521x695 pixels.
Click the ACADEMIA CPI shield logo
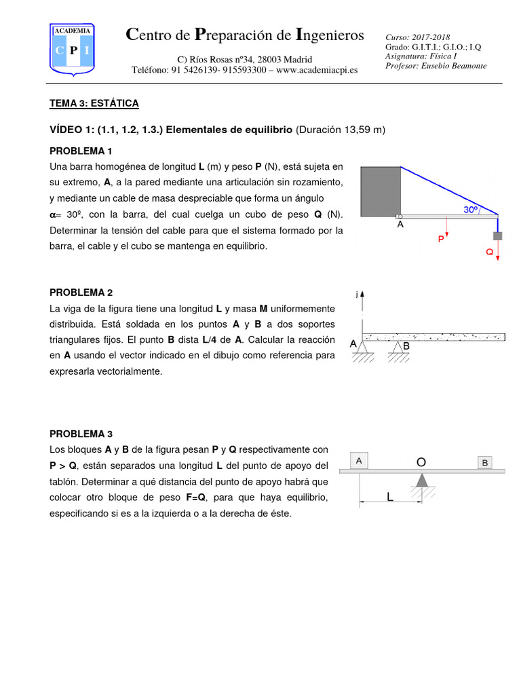pyautogui.click(x=73, y=48)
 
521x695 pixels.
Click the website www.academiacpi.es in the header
pyautogui.click(x=317, y=70)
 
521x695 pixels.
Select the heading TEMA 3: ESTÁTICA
pyautogui.click(x=94, y=103)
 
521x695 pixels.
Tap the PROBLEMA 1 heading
pyautogui.click(x=81, y=151)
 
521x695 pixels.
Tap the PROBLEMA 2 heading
pyautogui.click(x=81, y=293)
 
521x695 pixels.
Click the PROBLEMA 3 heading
pyautogui.click(x=81, y=434)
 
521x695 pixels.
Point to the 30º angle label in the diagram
pyautogui.click(x=471, y=210)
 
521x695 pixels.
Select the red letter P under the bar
pyautogui.click(x=441, y=240)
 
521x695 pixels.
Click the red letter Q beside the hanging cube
pyautogui.click(x=490, y=251)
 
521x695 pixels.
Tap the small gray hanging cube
pyautogui.click(x=497, y=236)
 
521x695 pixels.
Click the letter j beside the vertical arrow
pyautogui.click(x=356, y=295)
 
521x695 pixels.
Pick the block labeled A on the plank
pyautogui.click(x=359, y=461)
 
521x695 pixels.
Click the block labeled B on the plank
pyautogui.click(x=485, y=463)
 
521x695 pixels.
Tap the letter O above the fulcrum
pyautogui.click(x=421, y=462)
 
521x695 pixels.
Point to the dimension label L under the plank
pyautogui.click(x=390, y=497)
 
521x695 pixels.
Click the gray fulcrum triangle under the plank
pyautogui.click(x=422, y=480)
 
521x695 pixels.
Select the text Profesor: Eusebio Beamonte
pyautogui.click(x=436, y=66)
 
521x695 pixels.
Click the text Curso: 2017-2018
pyautogui.click(x=417, y=37)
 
